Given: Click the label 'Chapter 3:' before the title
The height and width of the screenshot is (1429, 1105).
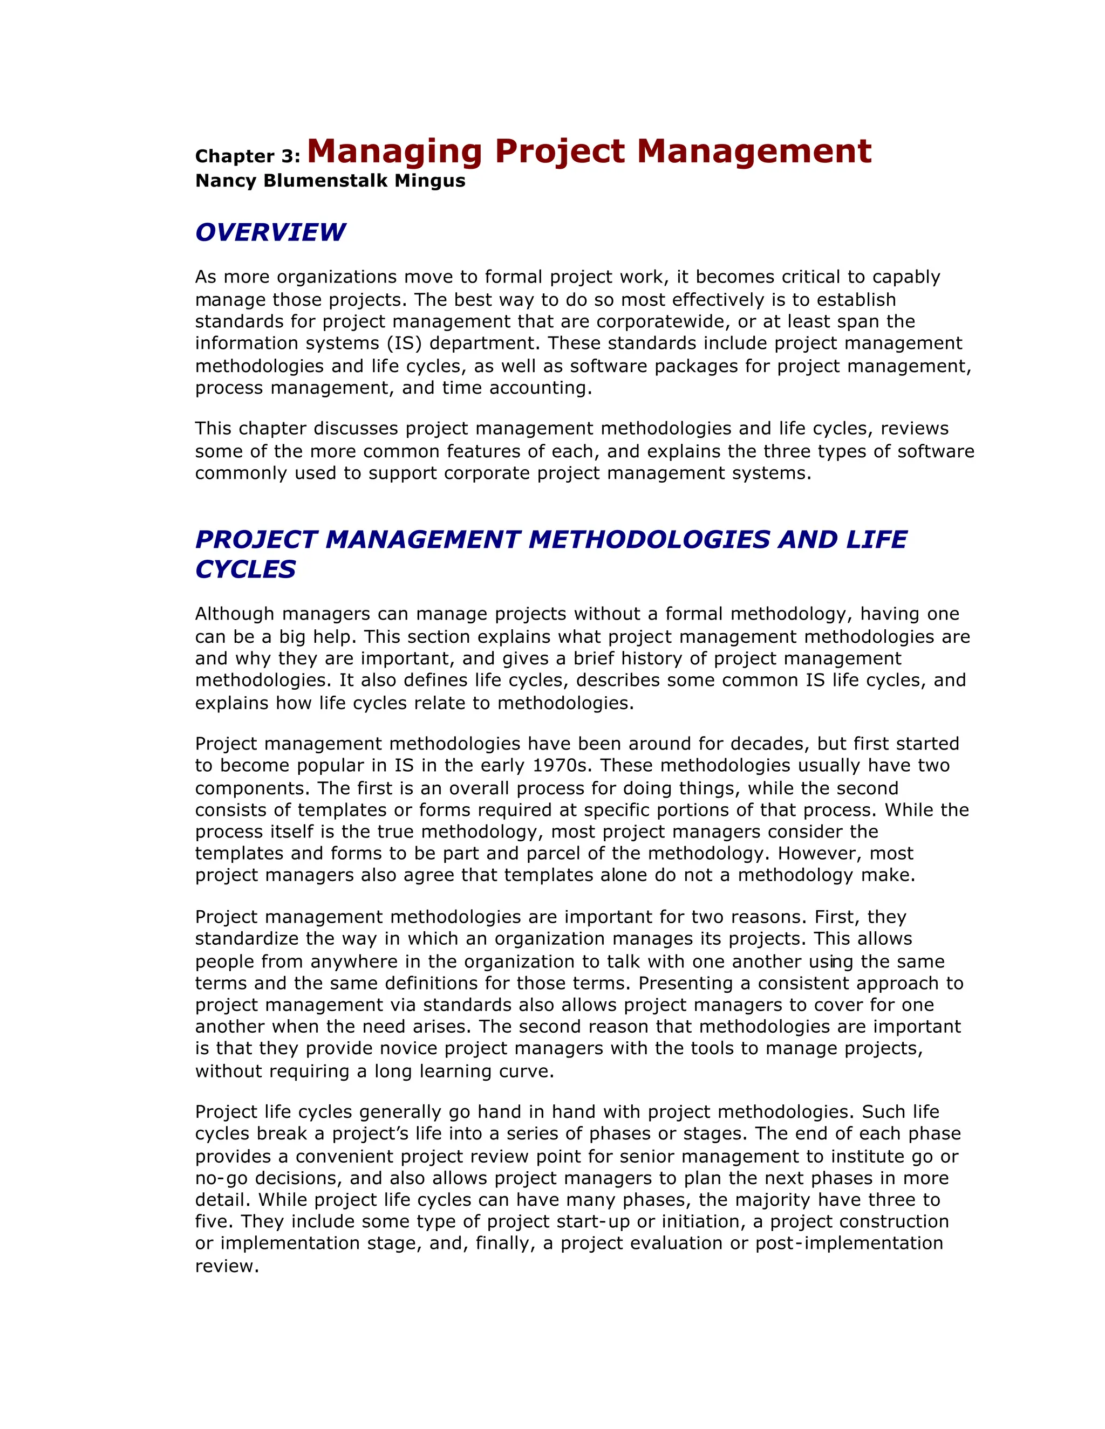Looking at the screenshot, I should [x=248, y=156].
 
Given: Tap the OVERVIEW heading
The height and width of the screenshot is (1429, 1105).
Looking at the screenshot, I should [x=270, y=232].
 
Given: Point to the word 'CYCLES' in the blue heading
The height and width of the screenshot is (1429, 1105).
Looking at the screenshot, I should [x=245, y=569].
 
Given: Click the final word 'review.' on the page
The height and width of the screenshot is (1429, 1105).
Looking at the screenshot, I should [x=227, y=1266].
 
